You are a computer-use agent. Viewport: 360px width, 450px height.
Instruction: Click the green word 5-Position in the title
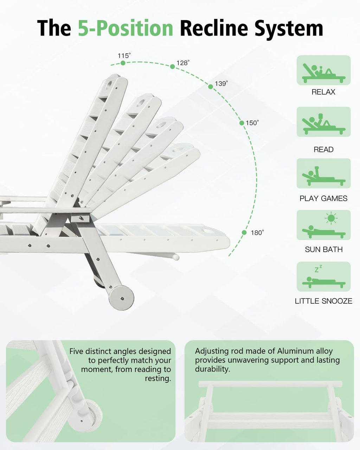tap(125, 28)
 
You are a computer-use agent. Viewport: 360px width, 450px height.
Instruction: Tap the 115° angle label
tap(124, 56)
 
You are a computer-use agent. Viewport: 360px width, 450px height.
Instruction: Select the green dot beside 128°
tap(172, 66)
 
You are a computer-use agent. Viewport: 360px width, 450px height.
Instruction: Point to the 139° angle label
tap(221, 84)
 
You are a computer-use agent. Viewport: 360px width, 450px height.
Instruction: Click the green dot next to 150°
tap(242, 123)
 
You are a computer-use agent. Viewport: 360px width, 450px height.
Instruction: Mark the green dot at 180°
tap(244, 232)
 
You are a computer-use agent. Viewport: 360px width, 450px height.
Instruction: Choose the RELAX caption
tap(323, 92)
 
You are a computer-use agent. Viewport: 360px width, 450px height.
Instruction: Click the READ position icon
tap(323, 122)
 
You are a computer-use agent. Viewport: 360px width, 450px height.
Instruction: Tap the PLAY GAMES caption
tap(323, 198)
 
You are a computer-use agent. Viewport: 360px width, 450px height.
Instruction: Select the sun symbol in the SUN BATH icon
tap(331, 218)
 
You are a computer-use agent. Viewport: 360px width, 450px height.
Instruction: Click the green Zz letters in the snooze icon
tap(319, 269)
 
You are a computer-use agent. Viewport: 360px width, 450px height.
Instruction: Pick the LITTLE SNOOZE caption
tap(323, 301)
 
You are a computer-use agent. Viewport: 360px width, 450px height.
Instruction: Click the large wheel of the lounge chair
tap(122, 298)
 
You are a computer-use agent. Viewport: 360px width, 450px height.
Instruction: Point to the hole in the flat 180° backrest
tap(207, 231)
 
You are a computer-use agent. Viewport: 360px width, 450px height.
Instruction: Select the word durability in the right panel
tap(213, 369)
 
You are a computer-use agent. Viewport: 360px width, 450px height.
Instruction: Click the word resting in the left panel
tap(158, 378)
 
